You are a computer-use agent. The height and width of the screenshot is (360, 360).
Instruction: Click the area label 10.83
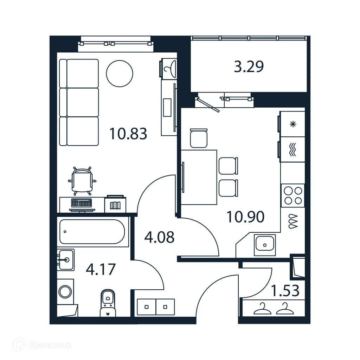pyautogui.click(x=128, y=134)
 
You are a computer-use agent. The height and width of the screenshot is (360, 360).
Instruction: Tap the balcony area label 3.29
pyautogui.click(x=249, y=66)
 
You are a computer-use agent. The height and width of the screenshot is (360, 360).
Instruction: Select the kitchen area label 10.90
pyautogui.click(x=245, y=217)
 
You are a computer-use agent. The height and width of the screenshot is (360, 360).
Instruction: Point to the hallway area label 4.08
pyautogui.click(x=159, y=237)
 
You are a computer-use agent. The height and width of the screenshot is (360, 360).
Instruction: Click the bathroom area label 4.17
pyautogui.click(x=101, y=270)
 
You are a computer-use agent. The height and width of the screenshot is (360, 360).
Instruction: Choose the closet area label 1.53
pyautogui.click(x=285, y=291)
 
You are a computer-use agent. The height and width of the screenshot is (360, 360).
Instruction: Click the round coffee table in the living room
pyautogui.click(x=120, y=74)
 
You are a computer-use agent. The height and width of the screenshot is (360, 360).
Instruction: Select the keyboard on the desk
pyautogui.click(x=81, y=203)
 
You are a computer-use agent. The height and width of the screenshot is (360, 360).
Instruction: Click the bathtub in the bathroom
pyautogui.click(x=92, y=232)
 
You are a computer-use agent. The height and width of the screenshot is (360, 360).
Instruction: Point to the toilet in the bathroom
pyautogui.click(x=108, y=302)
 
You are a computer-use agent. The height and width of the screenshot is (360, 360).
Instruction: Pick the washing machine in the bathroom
pyautogui.click(x=65, y=291)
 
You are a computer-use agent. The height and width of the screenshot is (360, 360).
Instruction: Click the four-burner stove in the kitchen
pyautogui.click(x=293, y=195)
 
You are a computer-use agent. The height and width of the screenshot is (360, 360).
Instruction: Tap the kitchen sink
pyautogui.click(x=265, y=243)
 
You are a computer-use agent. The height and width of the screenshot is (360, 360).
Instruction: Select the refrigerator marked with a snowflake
pyautogui.click(x=292, y=124)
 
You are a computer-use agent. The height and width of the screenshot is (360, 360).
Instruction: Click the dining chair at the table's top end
pyautogui.click(x=199, y=138)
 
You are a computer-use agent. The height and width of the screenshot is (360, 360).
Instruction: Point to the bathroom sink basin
pyautogui.click(x=66, y=260)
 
